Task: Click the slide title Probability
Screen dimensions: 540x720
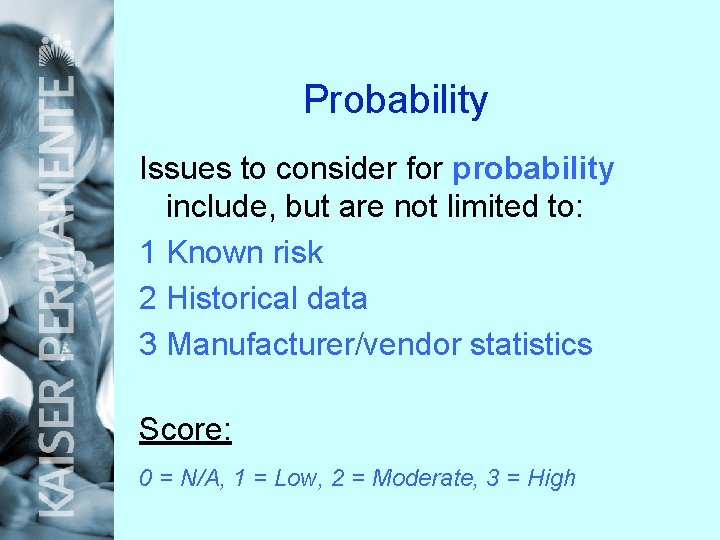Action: (395, 100)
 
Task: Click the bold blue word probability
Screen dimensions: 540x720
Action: (533, 169)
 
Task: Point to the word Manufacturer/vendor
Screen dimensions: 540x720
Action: (314, 344)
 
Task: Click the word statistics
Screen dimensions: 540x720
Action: (531, 344)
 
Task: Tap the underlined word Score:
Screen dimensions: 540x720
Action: (185, 429)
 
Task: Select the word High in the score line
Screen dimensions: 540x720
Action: (551, 478)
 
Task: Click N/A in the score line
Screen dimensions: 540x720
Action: (196, 478)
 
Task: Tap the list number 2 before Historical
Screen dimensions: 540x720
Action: (148, 298)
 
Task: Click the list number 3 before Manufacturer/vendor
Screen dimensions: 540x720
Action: (148, 344)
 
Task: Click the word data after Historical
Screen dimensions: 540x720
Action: (335, 298)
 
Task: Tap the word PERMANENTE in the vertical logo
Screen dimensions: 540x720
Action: (57, 220)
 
